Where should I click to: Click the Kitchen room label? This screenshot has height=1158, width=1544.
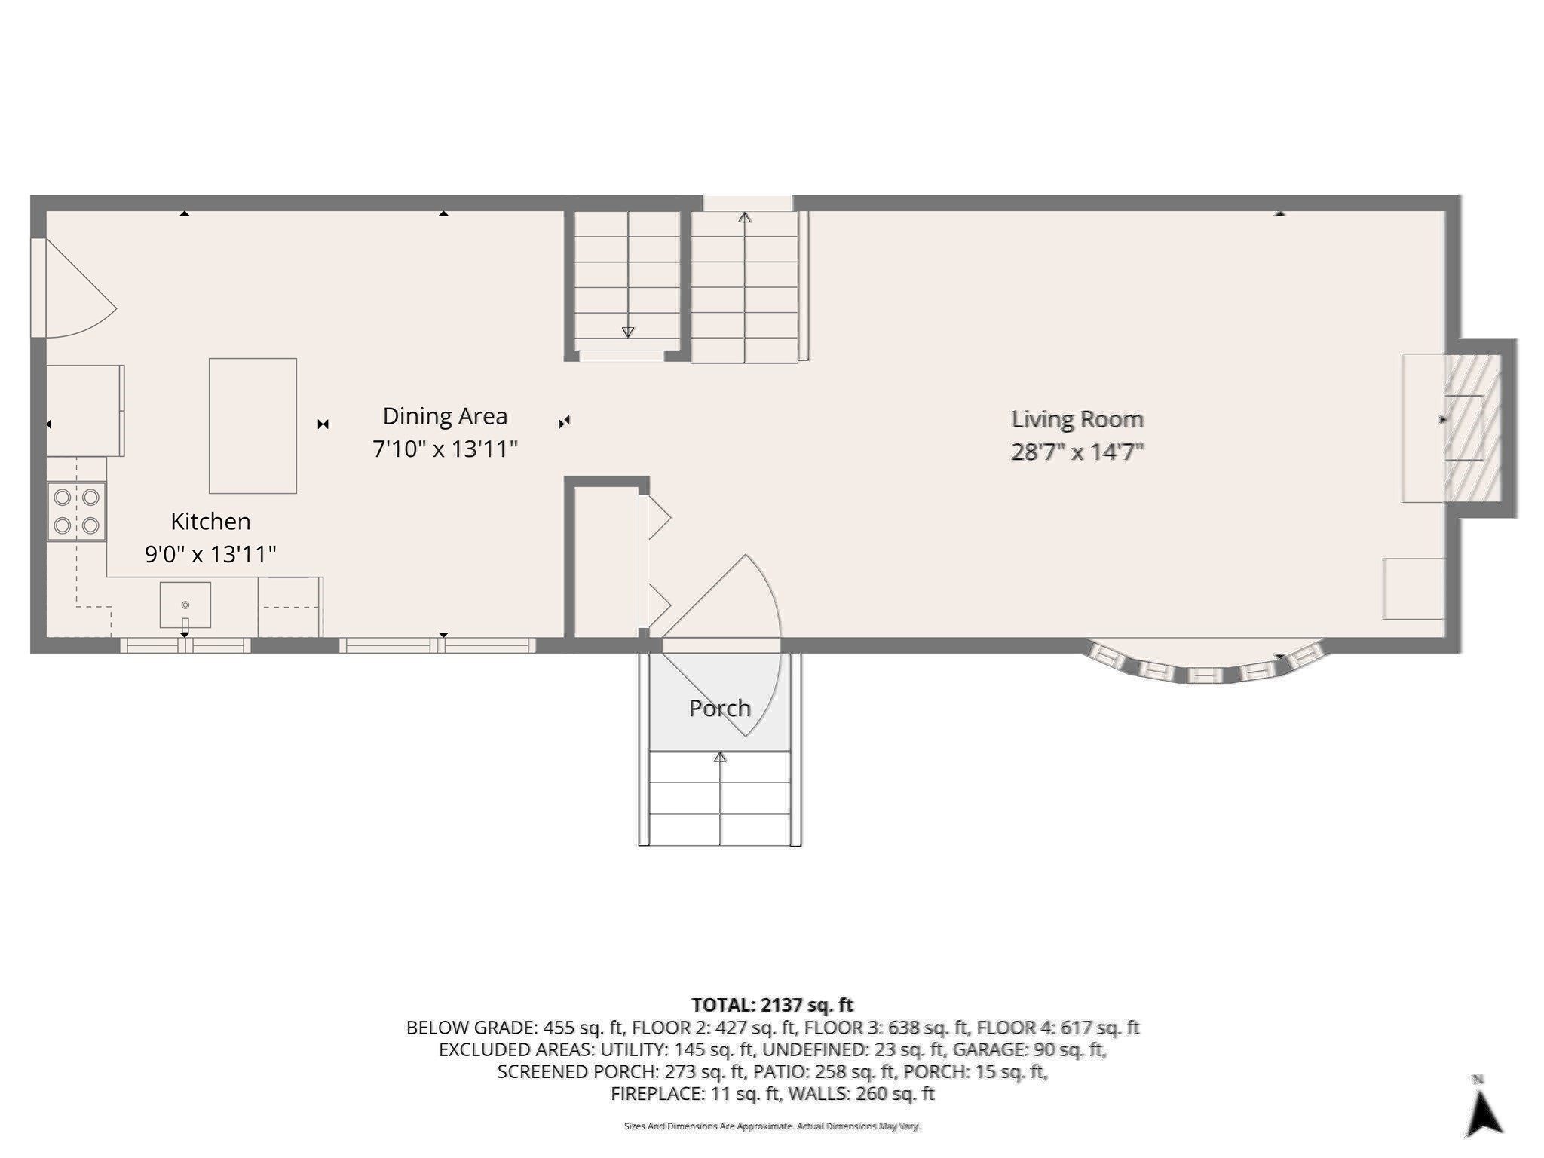point(210,522)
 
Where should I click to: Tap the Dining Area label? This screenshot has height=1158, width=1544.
point(445,416)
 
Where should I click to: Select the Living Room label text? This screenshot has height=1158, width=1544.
point(1077,419)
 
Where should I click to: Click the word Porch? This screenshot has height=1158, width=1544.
point(719,708)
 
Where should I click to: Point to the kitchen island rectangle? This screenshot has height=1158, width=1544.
point(253,426)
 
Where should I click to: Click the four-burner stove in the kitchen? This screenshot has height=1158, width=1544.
point(76,511)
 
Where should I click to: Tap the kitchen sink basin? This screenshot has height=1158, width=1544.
point(185,605)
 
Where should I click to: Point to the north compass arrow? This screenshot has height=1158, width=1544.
point(1482,1111)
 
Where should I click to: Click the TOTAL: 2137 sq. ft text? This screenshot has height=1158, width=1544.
point(772,1005)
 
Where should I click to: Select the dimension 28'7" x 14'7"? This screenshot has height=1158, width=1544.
point(1077,452)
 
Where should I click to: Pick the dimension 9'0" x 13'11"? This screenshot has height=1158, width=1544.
point(210,555)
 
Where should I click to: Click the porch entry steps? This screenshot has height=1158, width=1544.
point(719,799)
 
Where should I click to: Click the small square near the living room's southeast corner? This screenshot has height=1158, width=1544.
point(1414,589)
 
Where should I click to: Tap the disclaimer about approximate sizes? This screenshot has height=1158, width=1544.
point(772,1126)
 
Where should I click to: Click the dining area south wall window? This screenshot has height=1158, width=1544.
point(437,645)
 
